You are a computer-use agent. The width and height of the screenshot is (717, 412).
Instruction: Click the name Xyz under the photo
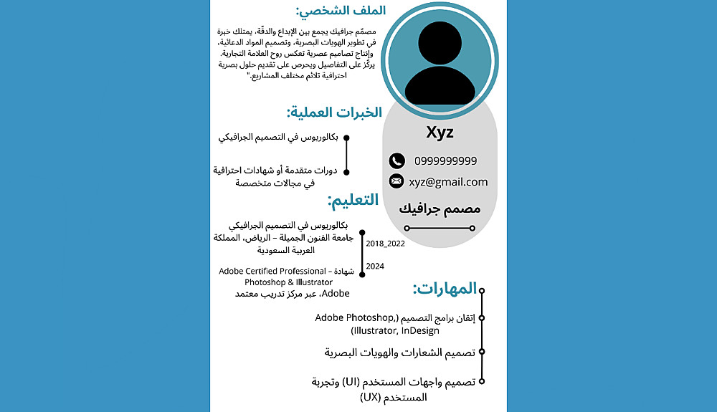(440, 133)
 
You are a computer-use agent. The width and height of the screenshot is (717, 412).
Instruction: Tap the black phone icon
(397, 161)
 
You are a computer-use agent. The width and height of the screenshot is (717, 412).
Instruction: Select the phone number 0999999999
(445, 161)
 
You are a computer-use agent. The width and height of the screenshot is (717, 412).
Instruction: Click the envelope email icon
(397, 181)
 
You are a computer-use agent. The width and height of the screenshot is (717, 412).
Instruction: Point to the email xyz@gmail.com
(448, 182)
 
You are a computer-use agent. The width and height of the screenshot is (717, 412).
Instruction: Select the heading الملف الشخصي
(341, 11)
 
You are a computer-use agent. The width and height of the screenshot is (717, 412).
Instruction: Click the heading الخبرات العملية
(334, 112)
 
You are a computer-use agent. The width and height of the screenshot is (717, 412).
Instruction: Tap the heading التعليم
(353, 201)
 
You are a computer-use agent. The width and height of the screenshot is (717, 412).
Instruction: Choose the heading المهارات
(445, 289)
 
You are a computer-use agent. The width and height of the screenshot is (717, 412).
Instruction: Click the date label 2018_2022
(386, 244)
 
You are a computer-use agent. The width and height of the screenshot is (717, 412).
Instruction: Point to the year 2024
(375, 267)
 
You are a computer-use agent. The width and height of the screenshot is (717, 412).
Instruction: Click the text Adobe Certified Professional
(273, 272)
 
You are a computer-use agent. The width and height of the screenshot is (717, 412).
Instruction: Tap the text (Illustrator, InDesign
(387, 331)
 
